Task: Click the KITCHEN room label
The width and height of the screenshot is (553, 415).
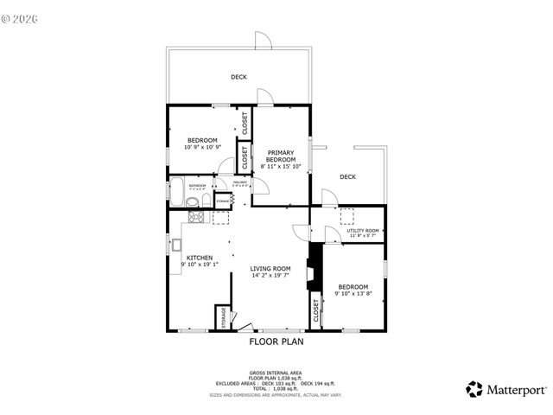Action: point(200,258)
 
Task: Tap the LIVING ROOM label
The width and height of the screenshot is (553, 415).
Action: point(270,269)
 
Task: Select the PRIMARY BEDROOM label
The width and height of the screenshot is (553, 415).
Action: point(281,156)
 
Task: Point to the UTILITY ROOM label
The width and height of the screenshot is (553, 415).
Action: point(363,231)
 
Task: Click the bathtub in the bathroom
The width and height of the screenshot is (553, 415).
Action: point(177,191)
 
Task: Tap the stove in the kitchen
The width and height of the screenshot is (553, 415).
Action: point(195,218)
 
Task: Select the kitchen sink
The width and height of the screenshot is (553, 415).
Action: point(175,245)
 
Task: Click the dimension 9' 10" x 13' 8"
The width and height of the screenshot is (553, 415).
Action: point(353,293)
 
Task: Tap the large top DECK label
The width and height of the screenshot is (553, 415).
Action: point(238,77)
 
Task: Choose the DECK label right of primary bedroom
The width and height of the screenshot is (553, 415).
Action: point(347,177)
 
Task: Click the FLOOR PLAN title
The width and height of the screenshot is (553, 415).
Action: point(276,342)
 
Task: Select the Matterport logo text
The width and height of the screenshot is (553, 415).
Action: point(516,389)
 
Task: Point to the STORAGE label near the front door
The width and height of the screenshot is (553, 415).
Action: point(222,317)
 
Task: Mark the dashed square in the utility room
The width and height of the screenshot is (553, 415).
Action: point(347,216)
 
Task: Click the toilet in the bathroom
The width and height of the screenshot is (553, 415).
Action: point(193,202)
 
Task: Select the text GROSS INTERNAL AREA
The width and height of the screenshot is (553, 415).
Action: point(276,373)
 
